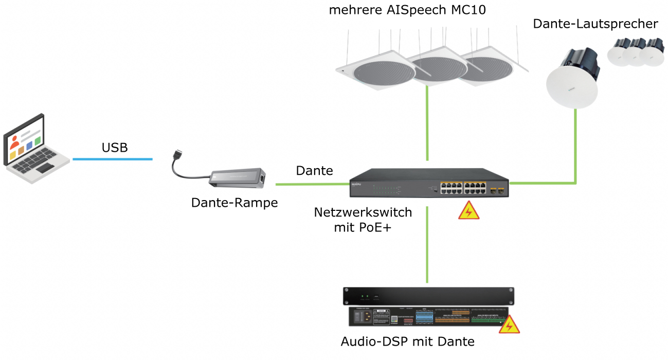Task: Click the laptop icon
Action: (36, 149)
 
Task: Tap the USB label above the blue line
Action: (115, 147)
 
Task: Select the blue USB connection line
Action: (113, 159)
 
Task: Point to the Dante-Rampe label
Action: (234, 203)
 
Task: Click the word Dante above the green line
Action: (314, 171)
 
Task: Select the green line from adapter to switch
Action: (313, 184)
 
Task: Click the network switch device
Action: (429, 183)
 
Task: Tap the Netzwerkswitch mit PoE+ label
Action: (363, 220)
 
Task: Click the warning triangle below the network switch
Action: (469, 211)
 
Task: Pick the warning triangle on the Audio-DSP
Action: (509, 325)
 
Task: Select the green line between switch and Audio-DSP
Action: (427, 245)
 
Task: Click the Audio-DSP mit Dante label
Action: (408, 341)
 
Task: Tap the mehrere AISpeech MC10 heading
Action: (407, 10)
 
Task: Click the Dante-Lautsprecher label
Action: (595, 24)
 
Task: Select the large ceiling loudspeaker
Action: (572, 78)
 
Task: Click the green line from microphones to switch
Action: (427, 123)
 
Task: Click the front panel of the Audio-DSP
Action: (428, 296)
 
